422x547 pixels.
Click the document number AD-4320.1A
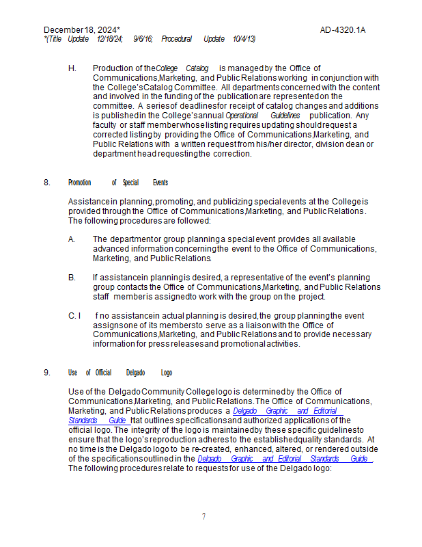[343, 30]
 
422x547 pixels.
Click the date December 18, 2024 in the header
[81, 30]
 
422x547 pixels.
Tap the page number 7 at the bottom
[203, 517]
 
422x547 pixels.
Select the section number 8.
[46, 183]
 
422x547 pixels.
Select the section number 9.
[46, 373]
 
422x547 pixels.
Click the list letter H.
[72, 68]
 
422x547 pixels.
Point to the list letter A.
[72, 239]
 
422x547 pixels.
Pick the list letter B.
[72, 278]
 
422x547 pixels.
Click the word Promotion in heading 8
[80, 183]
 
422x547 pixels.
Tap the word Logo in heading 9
[167, 373]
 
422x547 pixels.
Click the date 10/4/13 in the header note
[244, 39]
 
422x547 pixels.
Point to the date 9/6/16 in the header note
[143, 39]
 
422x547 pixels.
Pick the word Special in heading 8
[130, 183]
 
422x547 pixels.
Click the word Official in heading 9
[103, 373]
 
